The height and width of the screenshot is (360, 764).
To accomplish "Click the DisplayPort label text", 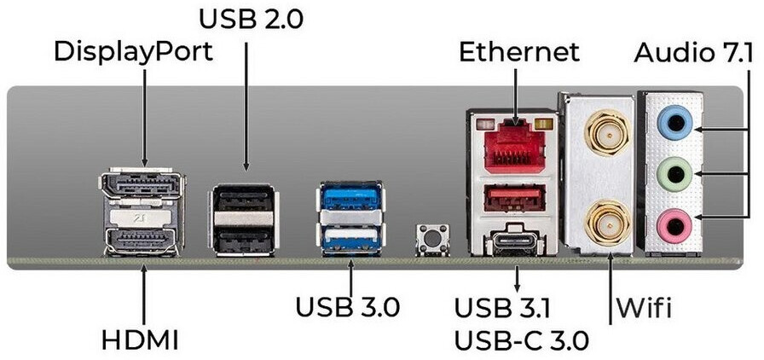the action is tap(133, 51).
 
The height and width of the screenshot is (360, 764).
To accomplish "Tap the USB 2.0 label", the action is tap(252, 16).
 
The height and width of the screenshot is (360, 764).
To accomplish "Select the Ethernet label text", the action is tap(518, 51).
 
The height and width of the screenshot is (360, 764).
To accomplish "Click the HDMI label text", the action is tap(140, 340).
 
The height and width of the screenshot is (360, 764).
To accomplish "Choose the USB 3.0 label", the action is tap(347, 305).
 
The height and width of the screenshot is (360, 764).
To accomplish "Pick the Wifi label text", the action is tap(646, 306).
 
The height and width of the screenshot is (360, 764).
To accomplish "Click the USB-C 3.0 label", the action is tap(521, 341).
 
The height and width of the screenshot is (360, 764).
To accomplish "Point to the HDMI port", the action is tap(141, 241).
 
